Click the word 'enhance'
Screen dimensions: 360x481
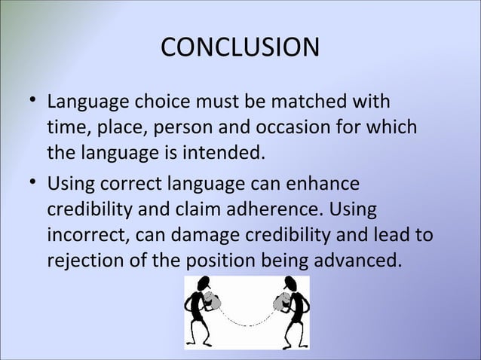coord(320,182)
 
